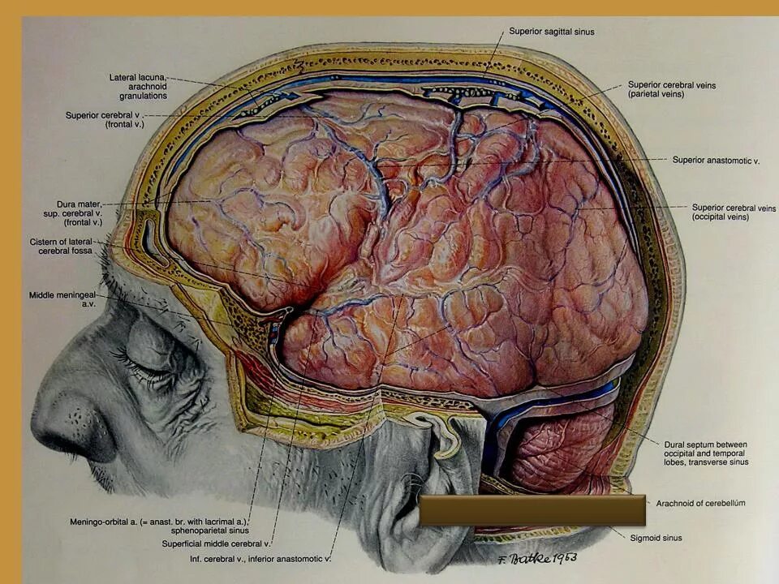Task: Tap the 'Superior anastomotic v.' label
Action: tap(716, 161)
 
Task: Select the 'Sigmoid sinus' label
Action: tap(656, 537)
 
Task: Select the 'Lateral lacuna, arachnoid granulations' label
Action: tap(138, 86)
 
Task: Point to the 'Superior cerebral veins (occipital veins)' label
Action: tap(734, 213)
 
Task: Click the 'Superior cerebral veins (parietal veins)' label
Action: tap(671, 89)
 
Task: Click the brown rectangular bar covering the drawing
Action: tap(532, 510)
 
